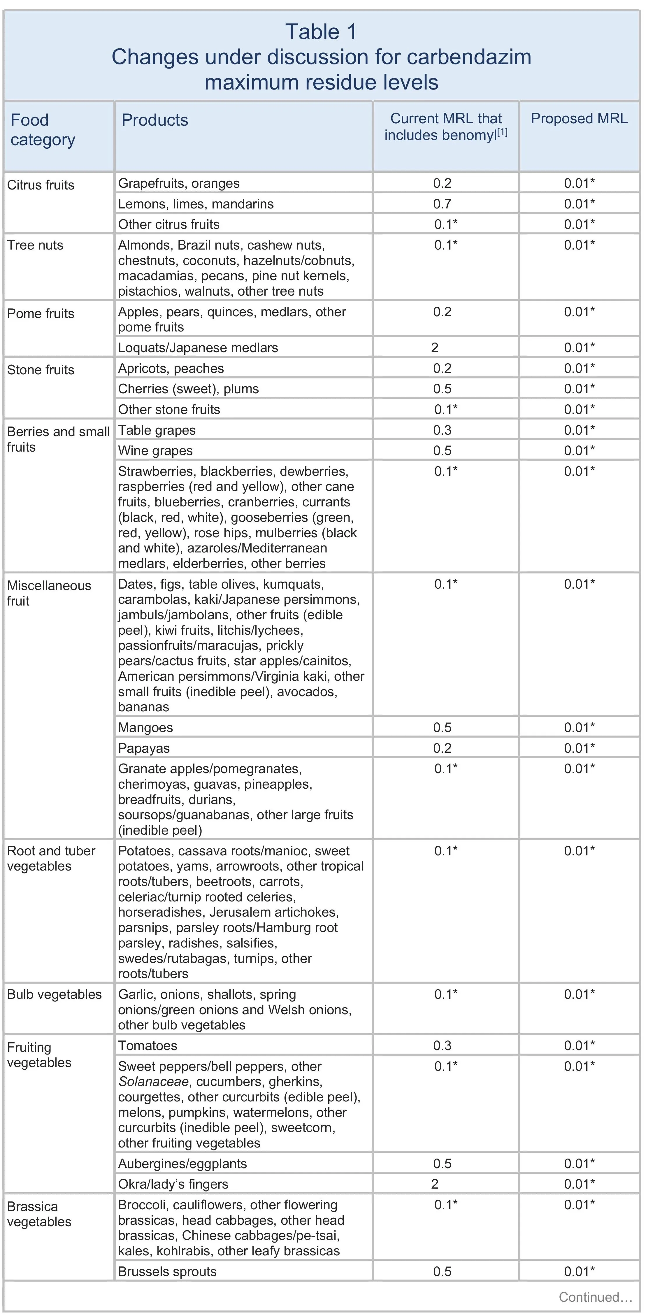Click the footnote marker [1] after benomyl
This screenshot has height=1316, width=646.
[x=503, y=132]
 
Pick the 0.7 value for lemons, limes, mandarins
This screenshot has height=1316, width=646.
[x=442, y=204]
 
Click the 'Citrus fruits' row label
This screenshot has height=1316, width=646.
[x=41, y=185]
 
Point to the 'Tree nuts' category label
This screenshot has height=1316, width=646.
[x=35, y=245]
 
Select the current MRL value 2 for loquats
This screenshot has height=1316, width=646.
[x=435, y=348]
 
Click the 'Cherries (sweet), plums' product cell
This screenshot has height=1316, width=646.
[x=188, y=389]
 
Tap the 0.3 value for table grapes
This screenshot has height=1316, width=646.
[x=442, y=430]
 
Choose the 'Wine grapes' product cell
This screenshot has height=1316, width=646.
[x=155, y=451]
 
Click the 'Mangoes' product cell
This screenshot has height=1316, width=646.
[x=145, y=727]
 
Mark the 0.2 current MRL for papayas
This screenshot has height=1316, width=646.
[x=442, y=748]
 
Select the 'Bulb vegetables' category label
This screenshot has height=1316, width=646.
[x=54, y=994]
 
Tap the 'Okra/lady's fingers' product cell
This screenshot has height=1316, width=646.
[x=173, y=1184]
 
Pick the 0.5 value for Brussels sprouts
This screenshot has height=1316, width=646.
[x=442, y=1272]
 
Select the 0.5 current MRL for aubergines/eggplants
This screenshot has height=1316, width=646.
[x=442, y=1164]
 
